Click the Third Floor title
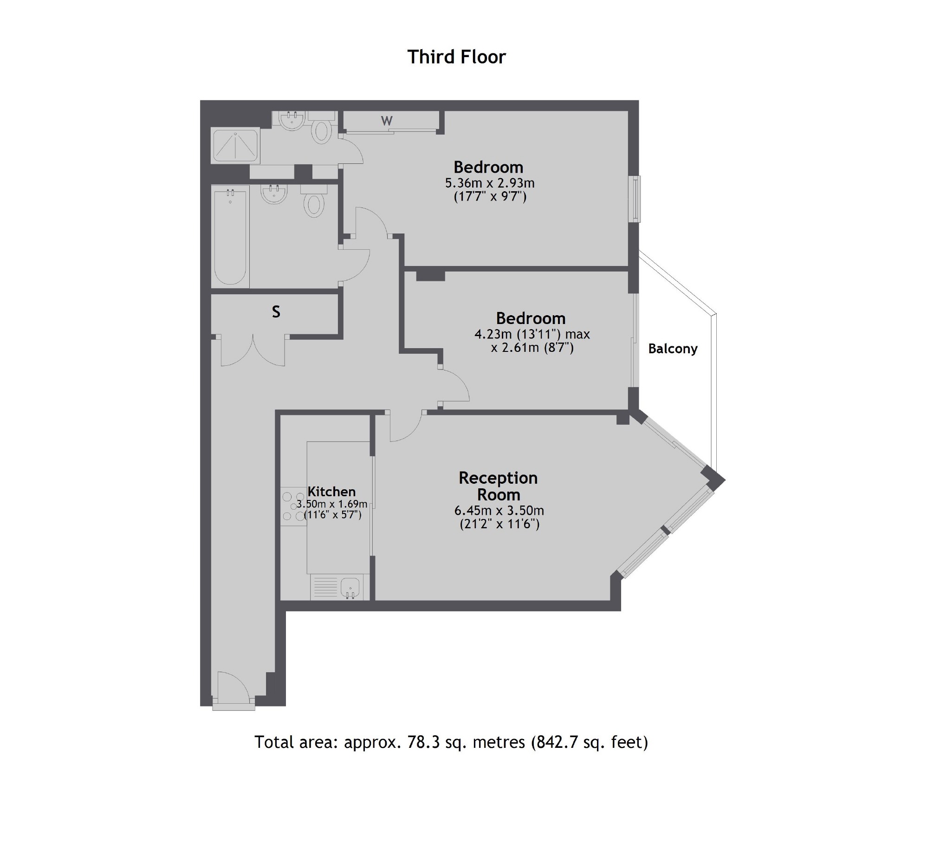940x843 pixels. coord(456,57)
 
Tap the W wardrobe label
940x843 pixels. coord(387,121)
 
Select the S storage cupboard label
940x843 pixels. coord(276,312)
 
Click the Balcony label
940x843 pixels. coord(673,349)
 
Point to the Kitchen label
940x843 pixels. coord(331,492)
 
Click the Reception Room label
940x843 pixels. coord(498,486)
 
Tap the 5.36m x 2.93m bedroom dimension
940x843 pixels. coord(490,183)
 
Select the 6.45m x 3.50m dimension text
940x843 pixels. coord(499,511)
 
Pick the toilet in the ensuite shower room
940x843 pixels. coord(321,130)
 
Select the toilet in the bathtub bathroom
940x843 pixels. coord(314,204)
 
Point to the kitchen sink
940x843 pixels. coord(350,588)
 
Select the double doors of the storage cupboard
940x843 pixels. coord(253,351)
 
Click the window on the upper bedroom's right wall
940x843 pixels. coord(635,199)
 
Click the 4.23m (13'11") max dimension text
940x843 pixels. coord(532,334)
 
